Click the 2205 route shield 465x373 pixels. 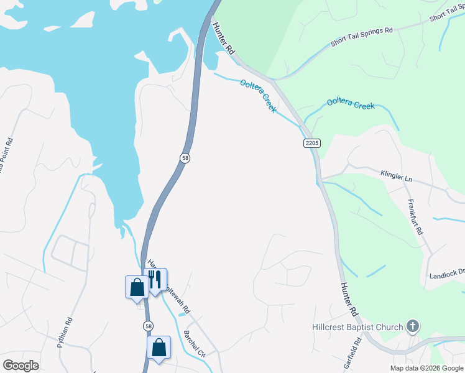point(312,143)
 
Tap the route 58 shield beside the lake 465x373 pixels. point(185,158)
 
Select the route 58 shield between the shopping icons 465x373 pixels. point(147,325)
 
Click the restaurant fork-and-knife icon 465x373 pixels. point(155,280)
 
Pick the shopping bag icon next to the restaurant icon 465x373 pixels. point(137,287)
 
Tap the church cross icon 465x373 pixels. point(412,326)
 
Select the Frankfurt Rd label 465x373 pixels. point(415,216)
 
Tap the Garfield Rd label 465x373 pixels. point(358,351)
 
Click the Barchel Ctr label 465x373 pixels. point(195,343)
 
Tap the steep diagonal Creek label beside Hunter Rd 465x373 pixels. point(259,94)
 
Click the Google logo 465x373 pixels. point(21,365)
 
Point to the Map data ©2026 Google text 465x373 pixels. point(426,368)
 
